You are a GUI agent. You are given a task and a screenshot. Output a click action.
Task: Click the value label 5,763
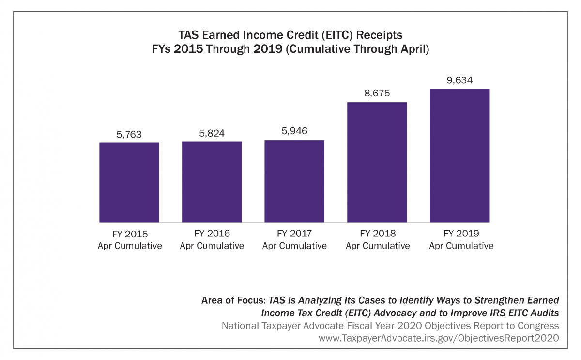[x=129, y=134]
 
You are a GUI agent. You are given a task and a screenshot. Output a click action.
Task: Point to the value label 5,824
[x=212, y=133]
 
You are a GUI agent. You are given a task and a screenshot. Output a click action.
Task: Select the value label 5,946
[x=294, y=131]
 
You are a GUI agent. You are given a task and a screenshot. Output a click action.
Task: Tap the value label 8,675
[x=377, y=94]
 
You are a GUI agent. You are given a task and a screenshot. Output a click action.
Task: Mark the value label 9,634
[x=460, y=80]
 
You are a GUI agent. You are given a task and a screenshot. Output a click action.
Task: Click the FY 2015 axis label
[x=129, y=239]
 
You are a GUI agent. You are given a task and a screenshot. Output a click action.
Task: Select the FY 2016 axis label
[x=212, y=239]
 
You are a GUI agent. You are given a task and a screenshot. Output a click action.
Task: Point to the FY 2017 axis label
[x=294, y=239]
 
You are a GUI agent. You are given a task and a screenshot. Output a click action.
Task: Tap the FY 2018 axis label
[x=378, y=239]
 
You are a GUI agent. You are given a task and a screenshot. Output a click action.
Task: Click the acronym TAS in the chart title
[x=188, y=36]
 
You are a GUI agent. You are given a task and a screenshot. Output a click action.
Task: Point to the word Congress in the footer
[x=538, y=326]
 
